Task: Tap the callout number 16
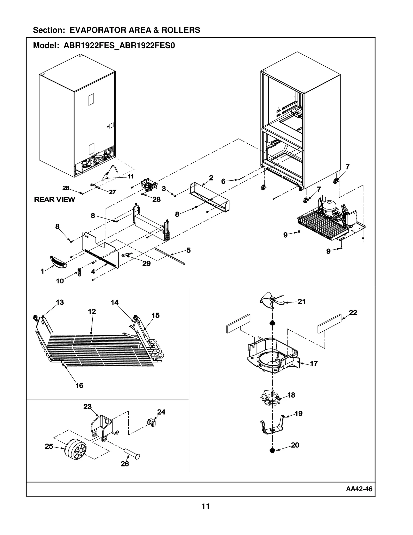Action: [79, 385]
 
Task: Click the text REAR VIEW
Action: [54, 199]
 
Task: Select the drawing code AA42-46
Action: [359, 489]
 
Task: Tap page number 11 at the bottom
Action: [205, 507]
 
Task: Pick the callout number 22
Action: [353, 313]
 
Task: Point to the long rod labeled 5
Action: [170, 257]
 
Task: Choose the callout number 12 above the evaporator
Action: [92, 312]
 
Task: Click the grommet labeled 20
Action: [272, 451]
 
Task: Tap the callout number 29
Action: [146, 263]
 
